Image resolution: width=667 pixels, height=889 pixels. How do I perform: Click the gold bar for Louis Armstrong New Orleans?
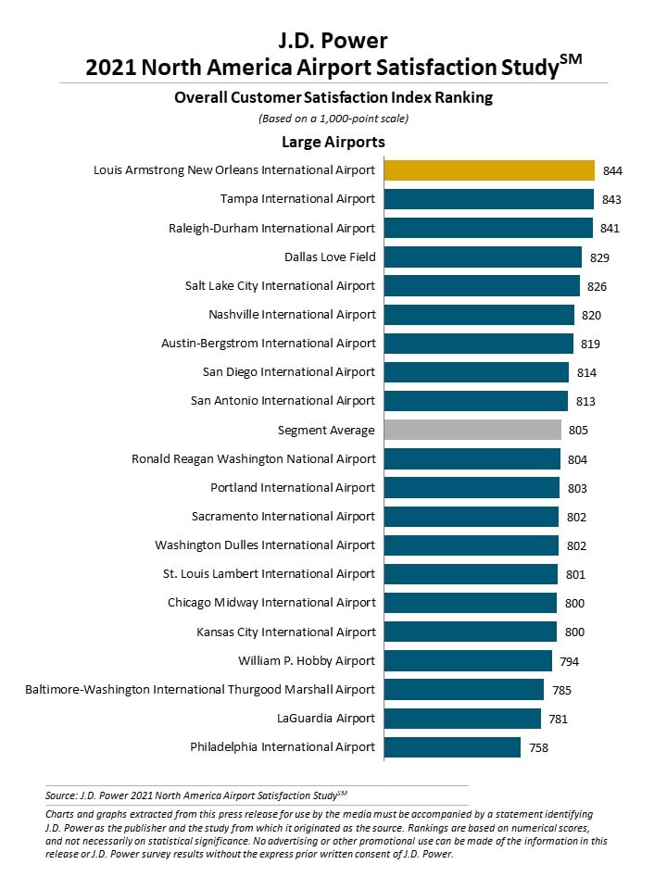coord(489,170)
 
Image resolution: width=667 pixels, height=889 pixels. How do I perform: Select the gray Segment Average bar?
coord(473,430)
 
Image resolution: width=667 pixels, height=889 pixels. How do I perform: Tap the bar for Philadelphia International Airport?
coord(453,747)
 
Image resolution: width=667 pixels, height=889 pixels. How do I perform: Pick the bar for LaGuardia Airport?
coord(463,719)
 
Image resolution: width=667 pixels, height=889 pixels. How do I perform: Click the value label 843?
coord(611,200)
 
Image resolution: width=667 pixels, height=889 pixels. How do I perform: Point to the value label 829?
coord(599,258)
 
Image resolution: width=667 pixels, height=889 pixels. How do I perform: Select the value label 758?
coord(539,748)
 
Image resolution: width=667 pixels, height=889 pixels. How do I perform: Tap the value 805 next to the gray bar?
coord(578,431)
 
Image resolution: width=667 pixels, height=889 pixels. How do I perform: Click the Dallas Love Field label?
coord(330,257)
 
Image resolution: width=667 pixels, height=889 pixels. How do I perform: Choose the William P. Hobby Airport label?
coord(307,660)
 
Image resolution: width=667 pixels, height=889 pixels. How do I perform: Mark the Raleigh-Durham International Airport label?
coord(271,228)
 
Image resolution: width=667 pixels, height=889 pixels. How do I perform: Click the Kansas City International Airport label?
coord(286,632)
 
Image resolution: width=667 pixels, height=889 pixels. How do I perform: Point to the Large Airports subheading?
coord(333,142)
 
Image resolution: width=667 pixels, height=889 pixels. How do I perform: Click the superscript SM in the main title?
coord(571,59)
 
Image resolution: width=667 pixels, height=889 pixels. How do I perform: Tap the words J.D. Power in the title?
coord(333,41)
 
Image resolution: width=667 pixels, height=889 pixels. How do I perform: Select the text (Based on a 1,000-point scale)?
coord(333,119)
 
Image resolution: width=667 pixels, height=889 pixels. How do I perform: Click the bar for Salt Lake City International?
coord(482,286)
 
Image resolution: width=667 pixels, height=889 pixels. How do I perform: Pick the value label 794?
coord(570,661)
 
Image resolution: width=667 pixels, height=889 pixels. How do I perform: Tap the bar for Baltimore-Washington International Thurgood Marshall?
coord(464,689)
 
